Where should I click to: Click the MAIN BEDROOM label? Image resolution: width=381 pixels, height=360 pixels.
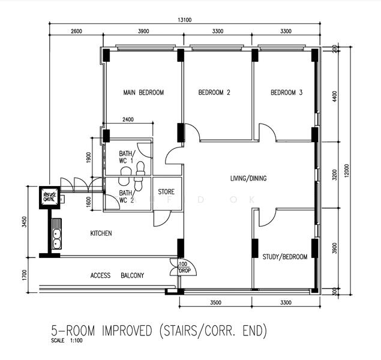(143, 93)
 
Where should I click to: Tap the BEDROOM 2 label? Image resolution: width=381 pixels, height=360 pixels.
(214, 93)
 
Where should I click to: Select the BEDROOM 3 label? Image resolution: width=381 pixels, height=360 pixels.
(286, 93)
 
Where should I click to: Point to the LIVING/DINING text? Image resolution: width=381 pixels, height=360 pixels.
(248, 179)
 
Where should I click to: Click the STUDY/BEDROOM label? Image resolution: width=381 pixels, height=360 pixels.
(284, 257)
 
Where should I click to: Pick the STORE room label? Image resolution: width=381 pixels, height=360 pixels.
(166, 193)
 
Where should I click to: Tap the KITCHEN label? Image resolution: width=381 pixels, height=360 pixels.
(101, 233)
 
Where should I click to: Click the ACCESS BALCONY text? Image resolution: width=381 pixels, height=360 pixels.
(117, 276)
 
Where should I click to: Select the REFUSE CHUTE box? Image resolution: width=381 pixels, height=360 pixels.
(49, 196)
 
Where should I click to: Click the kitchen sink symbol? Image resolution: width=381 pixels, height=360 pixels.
(56, 238)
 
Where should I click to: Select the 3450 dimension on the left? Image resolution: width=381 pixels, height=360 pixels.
(23, 221)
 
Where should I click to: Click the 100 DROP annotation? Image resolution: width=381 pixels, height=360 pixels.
(182, 267)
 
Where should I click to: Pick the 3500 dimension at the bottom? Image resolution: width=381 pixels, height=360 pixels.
(216, 304)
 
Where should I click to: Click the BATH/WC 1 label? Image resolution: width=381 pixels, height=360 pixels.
(126, 157)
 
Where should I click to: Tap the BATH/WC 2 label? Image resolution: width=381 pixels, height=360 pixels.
(126, 197)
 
